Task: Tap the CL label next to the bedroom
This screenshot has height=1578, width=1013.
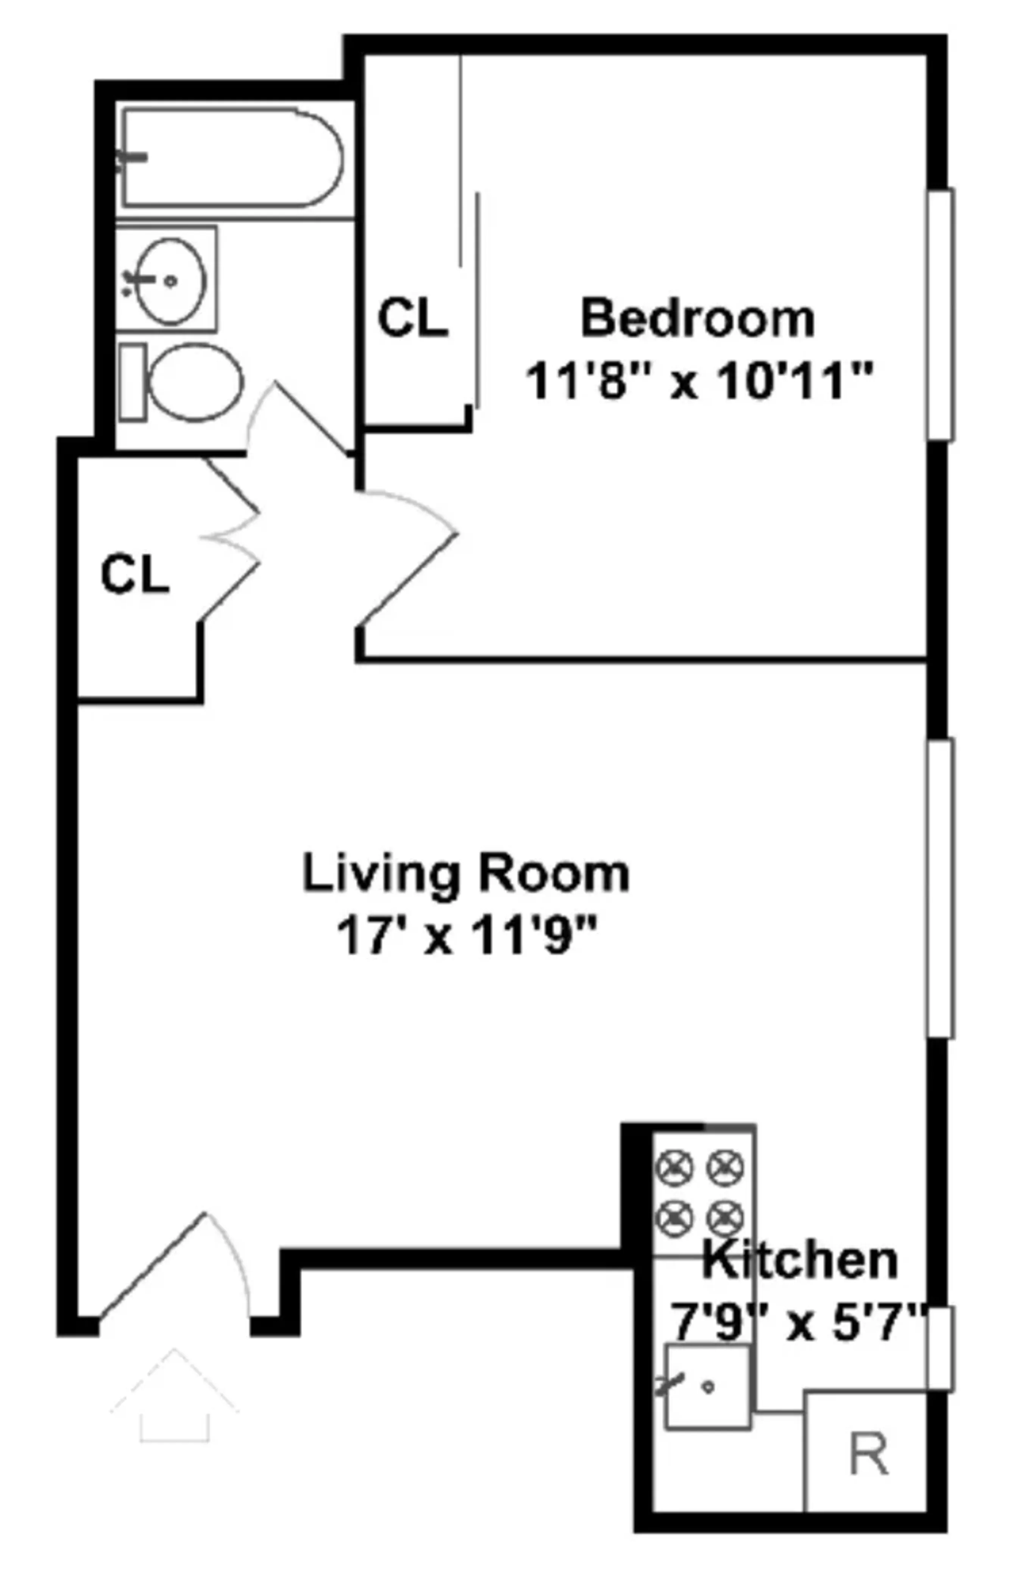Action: tap(412, 318)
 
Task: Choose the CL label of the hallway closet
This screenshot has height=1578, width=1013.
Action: tap(135, 574)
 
